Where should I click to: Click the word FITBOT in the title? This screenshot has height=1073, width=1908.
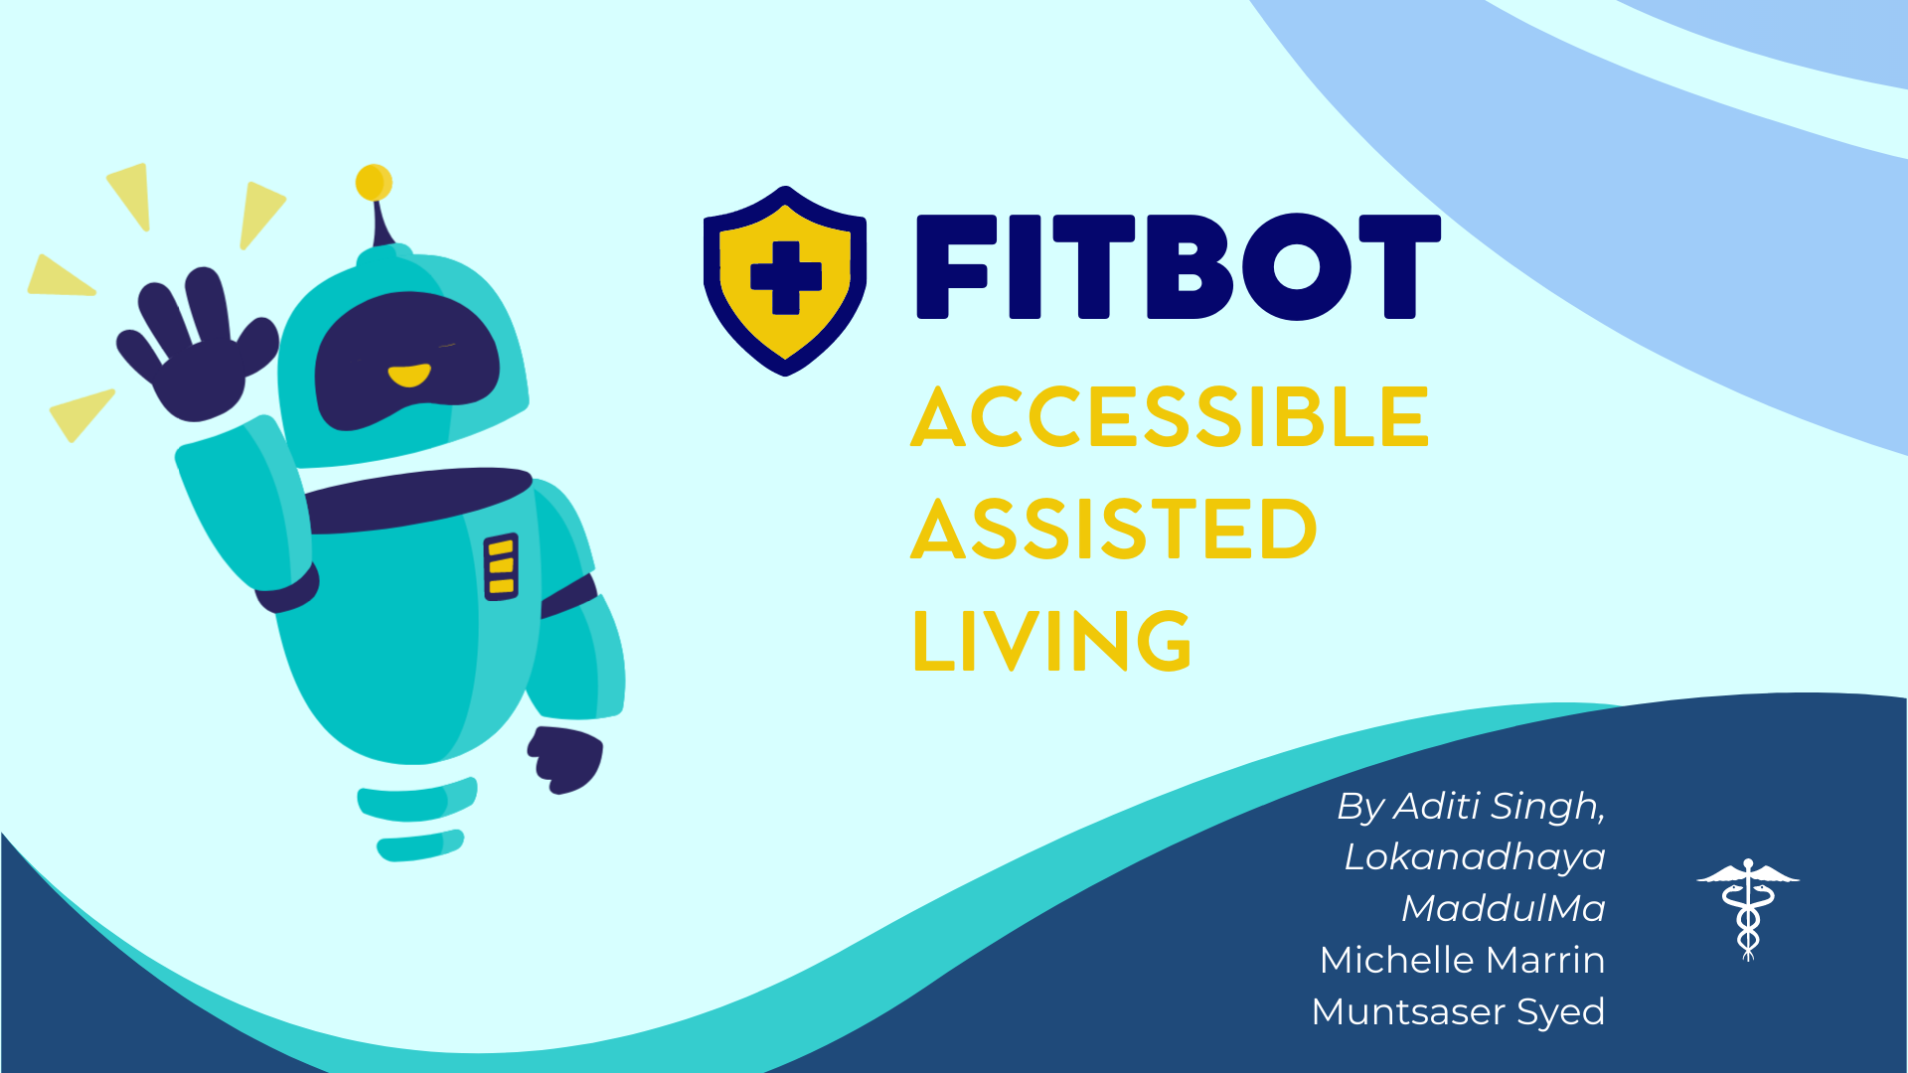(x=1178, y=267)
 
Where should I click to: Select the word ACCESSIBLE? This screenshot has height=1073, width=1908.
(x=1170, y=418)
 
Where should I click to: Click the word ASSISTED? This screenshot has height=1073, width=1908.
(x=1114, y=530)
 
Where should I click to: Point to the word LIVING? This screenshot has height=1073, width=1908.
(x=1051, y=641)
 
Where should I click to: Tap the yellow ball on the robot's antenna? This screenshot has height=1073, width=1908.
(x=374, y=183)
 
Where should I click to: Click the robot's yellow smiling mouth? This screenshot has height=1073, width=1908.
(x=408, y=376)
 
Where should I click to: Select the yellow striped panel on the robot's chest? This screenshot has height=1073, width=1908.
(x=501, y=567)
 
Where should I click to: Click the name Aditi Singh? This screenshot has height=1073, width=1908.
(x=1499, y=806)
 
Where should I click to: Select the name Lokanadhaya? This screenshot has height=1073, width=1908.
(x=1475, y=857)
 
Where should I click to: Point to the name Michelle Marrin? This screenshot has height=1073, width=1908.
(x=1462, y=961)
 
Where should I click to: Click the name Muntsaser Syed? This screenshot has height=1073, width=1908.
(x=1458, y=1012)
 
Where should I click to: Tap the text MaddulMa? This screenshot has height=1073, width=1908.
(x=1503, y=909)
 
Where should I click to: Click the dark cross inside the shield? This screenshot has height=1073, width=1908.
(x=786, y=277)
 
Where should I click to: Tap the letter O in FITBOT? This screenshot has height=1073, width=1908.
(x=1296, y=267)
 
